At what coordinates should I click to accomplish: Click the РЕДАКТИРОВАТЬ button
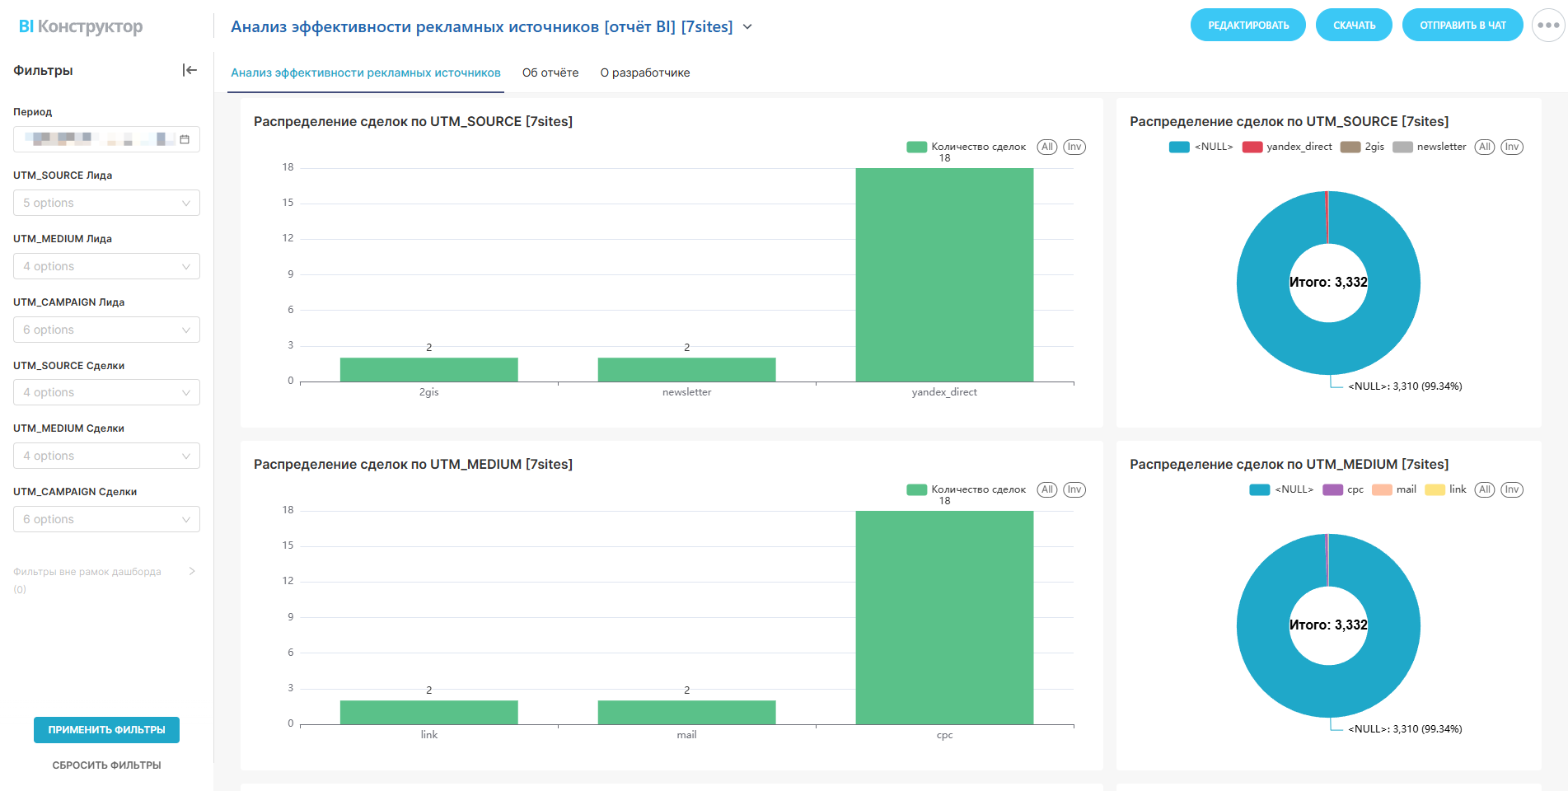[1247, 26]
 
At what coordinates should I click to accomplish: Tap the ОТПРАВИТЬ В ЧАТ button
[1462, 26]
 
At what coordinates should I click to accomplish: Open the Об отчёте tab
[550, 73]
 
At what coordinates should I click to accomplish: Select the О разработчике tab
[645, 73]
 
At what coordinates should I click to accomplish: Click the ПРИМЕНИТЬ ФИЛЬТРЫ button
[106, 730]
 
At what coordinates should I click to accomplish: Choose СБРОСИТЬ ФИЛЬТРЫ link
[106, 765]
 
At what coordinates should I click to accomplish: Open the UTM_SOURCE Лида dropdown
[106, 203]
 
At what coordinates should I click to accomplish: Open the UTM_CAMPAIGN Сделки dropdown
[106, 519]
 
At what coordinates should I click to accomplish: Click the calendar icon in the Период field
[185, 139]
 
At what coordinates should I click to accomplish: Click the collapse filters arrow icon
[190, 70]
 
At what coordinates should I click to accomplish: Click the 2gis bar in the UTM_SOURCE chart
[428, 369]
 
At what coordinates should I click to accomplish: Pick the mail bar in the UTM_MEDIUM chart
[686, 712]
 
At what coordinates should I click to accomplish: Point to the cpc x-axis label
[944, 735]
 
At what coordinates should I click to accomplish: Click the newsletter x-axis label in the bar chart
[686, 392]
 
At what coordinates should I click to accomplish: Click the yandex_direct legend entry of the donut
[1289, 147]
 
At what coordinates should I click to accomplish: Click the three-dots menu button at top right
[1548, 26]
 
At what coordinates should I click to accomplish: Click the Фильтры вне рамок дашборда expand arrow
[192, 571]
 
